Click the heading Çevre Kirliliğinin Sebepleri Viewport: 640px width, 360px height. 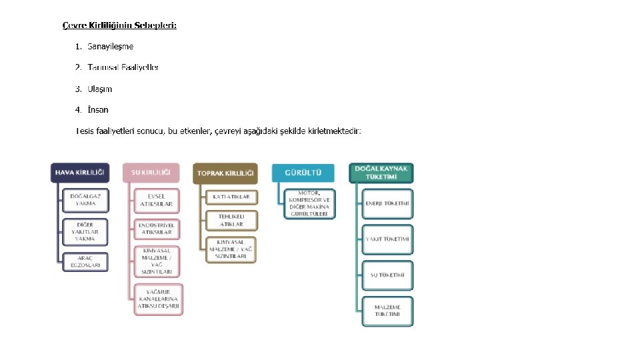click(119, 25)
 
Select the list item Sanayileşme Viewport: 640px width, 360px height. click(110, 46)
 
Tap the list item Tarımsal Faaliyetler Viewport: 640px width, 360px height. click(123, 67)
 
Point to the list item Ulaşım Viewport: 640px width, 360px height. click(99, 89)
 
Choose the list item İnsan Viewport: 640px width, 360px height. click(97, 109)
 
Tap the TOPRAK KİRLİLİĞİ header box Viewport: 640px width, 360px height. click(225, 173)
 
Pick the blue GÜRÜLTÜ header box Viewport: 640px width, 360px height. click(303, 173)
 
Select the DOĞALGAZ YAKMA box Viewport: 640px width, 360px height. click(85, 200)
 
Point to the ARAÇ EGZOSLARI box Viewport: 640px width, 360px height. click(85, 262)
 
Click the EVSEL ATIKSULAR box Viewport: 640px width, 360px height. click(157, 200)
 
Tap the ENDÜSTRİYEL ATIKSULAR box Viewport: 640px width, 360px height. click(157, 229)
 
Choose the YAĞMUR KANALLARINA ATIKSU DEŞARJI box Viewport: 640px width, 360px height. click(158, 299)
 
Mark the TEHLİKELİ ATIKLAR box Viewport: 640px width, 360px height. click(231, 220)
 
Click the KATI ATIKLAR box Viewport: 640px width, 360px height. click(231, 197)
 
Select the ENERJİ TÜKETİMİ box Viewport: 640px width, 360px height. click(387, 203)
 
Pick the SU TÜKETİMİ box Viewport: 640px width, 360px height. click(387, 275)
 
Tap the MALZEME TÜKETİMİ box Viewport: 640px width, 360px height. click(387, 310)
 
